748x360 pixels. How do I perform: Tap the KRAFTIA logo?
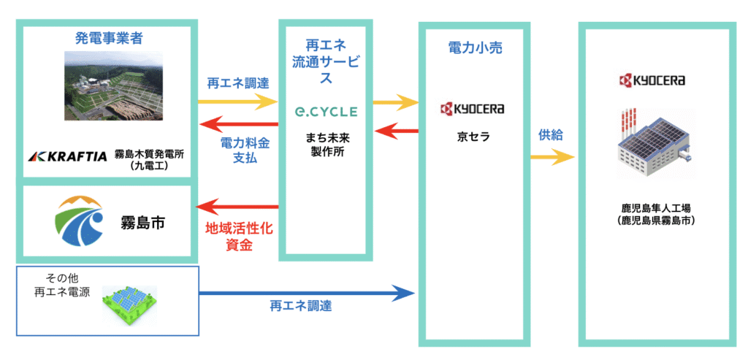click(67, 156)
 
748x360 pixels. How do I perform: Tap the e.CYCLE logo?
click(326, 112)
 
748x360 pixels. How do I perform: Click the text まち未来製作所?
click(326, 145)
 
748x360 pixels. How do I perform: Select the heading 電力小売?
click(475, 48)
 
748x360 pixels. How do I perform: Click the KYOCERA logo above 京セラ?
click(473, 110)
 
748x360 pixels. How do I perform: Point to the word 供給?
click(552, 135)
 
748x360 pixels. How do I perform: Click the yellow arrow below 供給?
click(552, 156)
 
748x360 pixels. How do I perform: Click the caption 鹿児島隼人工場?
click(654, 207)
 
